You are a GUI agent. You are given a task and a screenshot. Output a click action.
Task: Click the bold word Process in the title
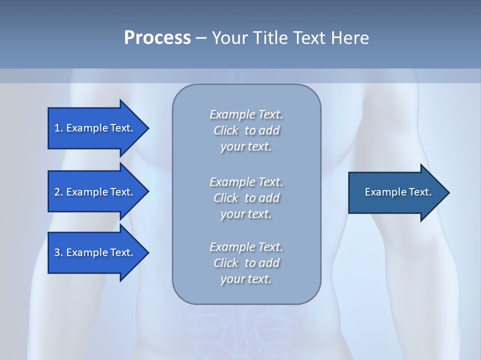click(157, 38)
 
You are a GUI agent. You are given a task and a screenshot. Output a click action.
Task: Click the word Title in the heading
click(271, 38)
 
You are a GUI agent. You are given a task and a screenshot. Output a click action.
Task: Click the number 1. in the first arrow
click(58, 128)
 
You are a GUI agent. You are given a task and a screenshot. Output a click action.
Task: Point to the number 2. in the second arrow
click(58, 192)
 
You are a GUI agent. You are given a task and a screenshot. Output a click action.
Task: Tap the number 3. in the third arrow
click(58, 252)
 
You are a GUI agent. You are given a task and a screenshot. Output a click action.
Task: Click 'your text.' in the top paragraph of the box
click(246, 147)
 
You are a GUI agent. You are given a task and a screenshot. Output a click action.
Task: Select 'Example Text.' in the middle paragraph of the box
click(246, 182)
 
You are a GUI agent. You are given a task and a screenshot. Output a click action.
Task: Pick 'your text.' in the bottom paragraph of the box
click(246, 279)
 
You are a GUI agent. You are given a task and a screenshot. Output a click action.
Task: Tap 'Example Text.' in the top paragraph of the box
click(246, 114)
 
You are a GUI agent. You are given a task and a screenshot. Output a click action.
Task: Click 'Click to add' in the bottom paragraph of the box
click(246, 263)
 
